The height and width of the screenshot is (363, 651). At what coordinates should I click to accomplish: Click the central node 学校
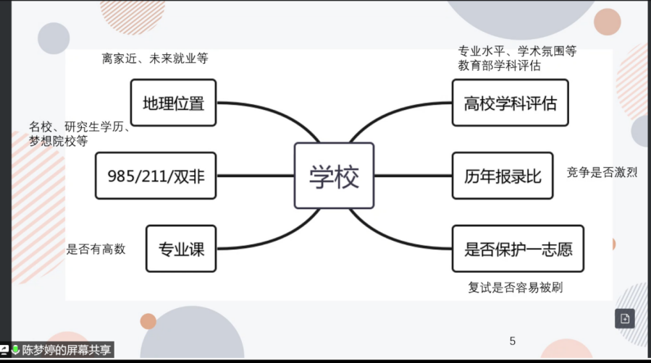(334, 176)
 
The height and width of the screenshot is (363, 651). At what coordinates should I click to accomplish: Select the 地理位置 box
(173, 103)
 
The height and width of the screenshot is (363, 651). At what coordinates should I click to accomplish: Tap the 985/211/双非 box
(156, 176)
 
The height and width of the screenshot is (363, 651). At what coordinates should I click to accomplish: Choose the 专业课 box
(181, 249)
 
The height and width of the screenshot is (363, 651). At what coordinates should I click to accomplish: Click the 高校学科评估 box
(510, 103)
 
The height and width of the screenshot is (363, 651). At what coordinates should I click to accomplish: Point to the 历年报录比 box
(502, 176)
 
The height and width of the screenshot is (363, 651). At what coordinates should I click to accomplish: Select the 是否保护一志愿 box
(518, 249)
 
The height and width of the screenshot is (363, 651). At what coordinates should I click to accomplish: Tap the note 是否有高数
(96, 249)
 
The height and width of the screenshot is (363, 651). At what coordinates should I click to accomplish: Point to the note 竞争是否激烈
(601, 172)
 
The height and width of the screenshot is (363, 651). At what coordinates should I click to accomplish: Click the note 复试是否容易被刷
(515, 287)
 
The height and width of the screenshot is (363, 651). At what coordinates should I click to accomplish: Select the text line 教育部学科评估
(499, 66)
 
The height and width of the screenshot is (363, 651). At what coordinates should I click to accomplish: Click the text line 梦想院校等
(58, 142)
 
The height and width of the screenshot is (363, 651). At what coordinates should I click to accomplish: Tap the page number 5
(513, 341)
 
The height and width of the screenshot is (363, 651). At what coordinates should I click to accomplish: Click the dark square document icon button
(625, 318)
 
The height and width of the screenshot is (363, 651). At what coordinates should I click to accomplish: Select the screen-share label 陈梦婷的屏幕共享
(67, 351)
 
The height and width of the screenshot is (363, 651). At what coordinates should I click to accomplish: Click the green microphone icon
(15, 350)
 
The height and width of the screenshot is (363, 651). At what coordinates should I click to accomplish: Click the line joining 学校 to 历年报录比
(413, 176)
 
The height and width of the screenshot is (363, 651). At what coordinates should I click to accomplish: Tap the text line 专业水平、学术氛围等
(517, 51)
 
